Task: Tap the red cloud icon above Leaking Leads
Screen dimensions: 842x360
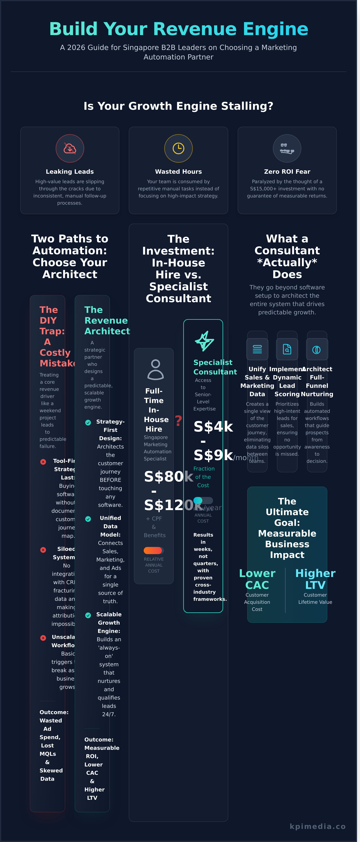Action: point(70,148)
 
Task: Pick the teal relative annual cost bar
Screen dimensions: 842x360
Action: point(198,500)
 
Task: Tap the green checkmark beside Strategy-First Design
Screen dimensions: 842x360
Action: point(88,423)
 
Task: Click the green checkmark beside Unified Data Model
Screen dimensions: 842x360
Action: point(88,519)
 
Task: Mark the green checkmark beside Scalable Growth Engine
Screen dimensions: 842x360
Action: point(88,616)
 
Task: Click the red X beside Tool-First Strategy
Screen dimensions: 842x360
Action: point(43,462)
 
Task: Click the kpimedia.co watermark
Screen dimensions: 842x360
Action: point(317,826)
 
